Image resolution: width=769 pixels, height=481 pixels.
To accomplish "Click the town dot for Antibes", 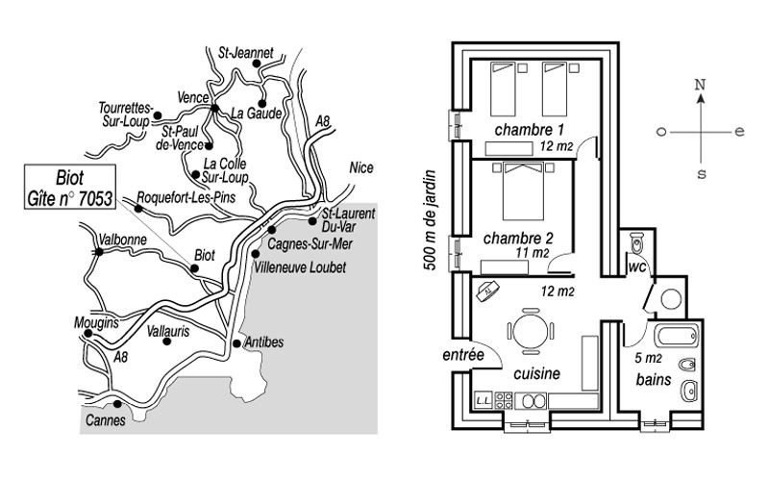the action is point(236,343).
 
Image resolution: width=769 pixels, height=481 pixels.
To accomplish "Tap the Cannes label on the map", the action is point(106,420).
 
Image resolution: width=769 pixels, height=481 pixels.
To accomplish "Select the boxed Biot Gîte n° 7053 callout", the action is point(70,187).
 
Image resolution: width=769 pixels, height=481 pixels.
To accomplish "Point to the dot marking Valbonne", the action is point(99,252).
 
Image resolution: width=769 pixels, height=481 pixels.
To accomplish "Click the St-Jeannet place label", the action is point(245,53).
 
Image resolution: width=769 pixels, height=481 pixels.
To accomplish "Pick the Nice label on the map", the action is point(361,167).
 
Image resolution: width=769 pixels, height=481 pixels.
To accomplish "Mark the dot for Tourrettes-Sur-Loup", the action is point(158,115).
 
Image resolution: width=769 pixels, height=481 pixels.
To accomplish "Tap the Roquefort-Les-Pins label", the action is point(186,197).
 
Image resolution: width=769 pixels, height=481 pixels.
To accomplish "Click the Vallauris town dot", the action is point(166,342).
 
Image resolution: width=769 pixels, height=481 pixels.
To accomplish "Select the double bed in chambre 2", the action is point(523,191).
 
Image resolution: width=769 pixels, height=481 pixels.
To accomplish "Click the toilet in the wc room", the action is point(636,242).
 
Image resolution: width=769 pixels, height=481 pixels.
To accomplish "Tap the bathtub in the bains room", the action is point(678,336).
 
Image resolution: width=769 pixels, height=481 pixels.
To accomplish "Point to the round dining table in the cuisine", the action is point(531,331).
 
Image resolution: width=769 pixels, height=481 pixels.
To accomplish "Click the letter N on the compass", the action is point(700,85).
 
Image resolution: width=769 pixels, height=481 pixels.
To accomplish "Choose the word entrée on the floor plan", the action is point(463,354).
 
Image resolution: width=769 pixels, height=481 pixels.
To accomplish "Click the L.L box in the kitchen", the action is point(484,400).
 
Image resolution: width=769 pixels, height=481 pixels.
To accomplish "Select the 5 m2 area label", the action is point(648,358).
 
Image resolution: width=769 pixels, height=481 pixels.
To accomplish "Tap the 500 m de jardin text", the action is point(430,220).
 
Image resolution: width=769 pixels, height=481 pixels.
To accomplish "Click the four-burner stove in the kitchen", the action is point(504,400).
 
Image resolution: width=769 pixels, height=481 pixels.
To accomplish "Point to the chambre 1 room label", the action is point(530,130).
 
